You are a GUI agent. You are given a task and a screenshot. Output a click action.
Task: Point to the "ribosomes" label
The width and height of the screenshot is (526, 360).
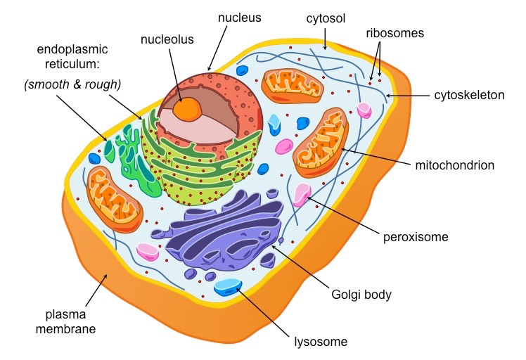coord(394,33)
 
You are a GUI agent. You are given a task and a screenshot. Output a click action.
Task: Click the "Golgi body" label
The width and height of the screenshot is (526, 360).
coord(361,295)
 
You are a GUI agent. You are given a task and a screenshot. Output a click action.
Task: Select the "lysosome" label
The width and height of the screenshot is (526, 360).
coord(321,342)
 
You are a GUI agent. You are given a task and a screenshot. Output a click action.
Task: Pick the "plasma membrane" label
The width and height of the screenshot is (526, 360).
coord(68,321)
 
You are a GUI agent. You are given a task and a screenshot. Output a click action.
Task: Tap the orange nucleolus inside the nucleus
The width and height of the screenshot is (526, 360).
coord(188,108)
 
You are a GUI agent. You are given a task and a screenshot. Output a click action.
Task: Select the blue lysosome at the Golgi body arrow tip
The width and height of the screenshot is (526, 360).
coord(228,286)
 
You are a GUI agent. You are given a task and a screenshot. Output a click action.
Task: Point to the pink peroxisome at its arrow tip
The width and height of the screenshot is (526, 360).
coord(302,194)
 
